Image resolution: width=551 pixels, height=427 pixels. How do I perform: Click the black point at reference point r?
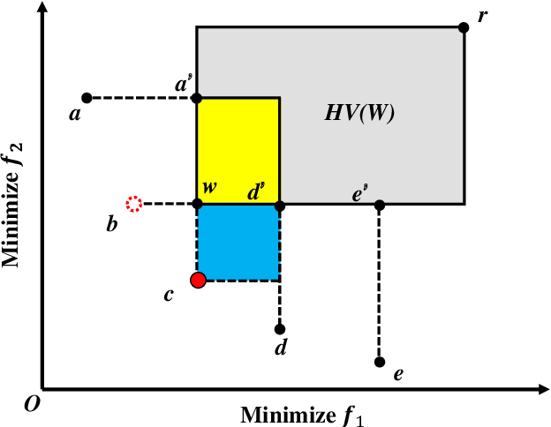coord(464,27)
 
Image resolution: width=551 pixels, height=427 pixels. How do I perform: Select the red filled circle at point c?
coord(198,280)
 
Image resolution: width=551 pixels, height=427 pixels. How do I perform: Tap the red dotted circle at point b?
coord(133,204)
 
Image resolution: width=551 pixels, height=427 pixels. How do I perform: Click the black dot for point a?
coord(87,97)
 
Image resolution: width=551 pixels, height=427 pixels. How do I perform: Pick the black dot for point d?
coord(280,329)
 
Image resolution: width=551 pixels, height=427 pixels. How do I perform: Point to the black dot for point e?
coord(380,362)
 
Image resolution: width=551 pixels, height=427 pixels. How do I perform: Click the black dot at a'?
coord(197,97)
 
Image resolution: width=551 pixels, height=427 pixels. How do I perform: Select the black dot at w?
coord(197,205)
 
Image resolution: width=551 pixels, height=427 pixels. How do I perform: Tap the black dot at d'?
coord(280,205)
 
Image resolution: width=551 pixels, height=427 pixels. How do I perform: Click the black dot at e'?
coord(380,205)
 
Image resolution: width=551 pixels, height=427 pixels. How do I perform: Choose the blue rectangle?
coord(238,243)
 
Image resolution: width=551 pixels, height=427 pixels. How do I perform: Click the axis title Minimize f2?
coord(12,204)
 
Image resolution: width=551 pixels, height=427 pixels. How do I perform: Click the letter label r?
coord(482,15)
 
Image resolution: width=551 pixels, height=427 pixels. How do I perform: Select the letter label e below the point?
coord(398,375)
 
